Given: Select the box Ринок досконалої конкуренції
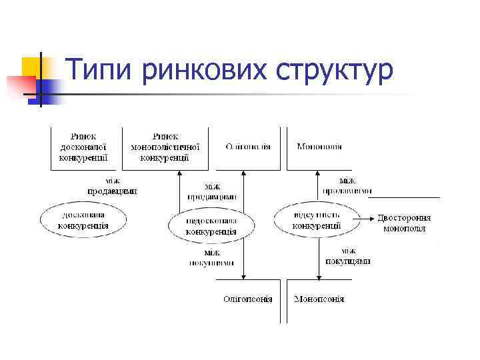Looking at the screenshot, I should tap(83, 147).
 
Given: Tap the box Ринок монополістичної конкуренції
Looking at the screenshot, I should tap(165, 147).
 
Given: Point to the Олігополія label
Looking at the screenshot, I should tap(248, 147).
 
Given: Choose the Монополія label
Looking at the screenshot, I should tap(319, 147).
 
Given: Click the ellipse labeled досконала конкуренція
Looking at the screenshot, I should tap(83, 220).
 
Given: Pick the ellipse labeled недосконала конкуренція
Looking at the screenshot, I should tap(211, 226).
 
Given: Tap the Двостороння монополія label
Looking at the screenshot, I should tap(404, 223).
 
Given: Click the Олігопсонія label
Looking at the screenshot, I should tap(247, 299).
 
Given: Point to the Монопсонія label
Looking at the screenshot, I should tap(319, 299).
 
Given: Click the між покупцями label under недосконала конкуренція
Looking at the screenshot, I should tap(211, 258).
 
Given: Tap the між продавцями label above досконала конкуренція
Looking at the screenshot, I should tap(112, 185).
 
